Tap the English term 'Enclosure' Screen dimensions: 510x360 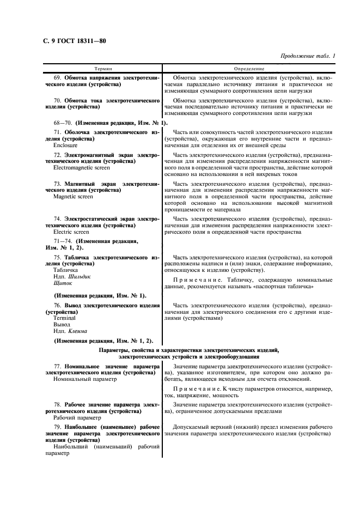pos(65,146)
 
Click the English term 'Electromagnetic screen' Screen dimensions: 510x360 pos(80,168)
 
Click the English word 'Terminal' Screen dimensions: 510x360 pos(65,317)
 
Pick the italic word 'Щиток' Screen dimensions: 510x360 pos(63,284)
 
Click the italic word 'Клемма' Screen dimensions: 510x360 pos(77,331)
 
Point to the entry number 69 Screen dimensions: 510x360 pos(57,78)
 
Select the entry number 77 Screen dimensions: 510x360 pos(57,366)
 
